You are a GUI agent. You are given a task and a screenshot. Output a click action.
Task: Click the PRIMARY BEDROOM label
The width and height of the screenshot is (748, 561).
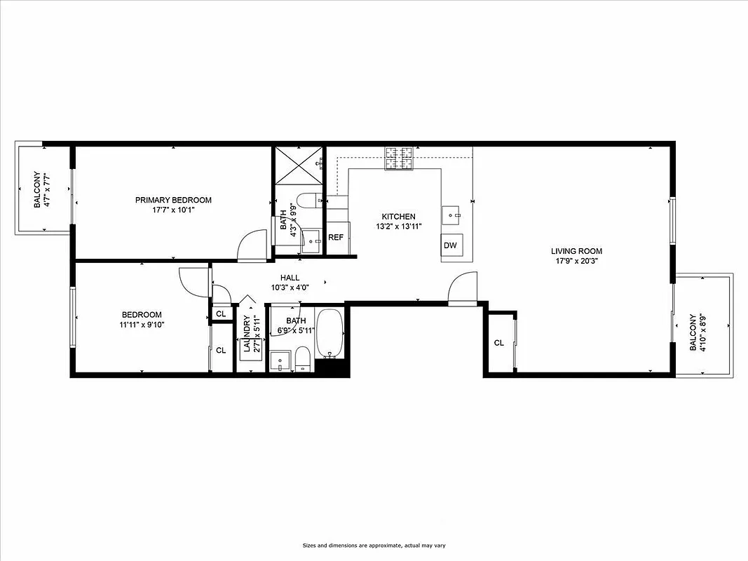(173, 200)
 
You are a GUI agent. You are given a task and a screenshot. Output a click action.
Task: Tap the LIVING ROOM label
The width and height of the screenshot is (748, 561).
(576, 251)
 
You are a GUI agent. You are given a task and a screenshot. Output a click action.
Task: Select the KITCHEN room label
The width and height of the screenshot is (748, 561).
(398, 217)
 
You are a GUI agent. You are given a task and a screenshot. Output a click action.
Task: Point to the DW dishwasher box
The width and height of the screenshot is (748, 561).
(450, 245)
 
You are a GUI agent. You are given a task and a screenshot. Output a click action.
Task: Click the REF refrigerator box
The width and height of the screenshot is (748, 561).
(336, 238)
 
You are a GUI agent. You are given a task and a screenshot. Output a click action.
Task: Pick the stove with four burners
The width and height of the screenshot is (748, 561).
(398, 158)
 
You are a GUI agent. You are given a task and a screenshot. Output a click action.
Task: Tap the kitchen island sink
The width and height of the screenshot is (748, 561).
(451, 212)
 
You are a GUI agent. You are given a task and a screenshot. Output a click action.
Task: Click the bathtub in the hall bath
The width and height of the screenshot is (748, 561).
(329, 333)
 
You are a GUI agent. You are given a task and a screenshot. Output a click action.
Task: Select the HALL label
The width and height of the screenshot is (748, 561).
(290, 278)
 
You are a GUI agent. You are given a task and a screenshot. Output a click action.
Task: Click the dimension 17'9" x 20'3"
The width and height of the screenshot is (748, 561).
(576, 261)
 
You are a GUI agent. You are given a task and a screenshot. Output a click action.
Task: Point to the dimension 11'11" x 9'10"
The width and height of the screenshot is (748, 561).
(142, 325)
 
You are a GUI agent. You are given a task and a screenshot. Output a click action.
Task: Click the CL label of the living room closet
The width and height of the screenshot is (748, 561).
(499, 343)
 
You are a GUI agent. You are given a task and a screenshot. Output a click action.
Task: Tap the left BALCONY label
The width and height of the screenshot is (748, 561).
(36, 191)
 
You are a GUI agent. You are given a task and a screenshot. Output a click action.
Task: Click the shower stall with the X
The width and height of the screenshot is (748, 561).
(298, 166)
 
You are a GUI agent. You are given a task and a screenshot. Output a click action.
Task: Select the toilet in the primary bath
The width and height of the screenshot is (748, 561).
(309, 201)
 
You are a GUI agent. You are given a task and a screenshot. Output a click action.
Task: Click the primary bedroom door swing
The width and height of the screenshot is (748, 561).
(251, 247)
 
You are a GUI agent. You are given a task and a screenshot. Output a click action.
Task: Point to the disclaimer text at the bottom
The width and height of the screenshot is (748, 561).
(374, 546)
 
